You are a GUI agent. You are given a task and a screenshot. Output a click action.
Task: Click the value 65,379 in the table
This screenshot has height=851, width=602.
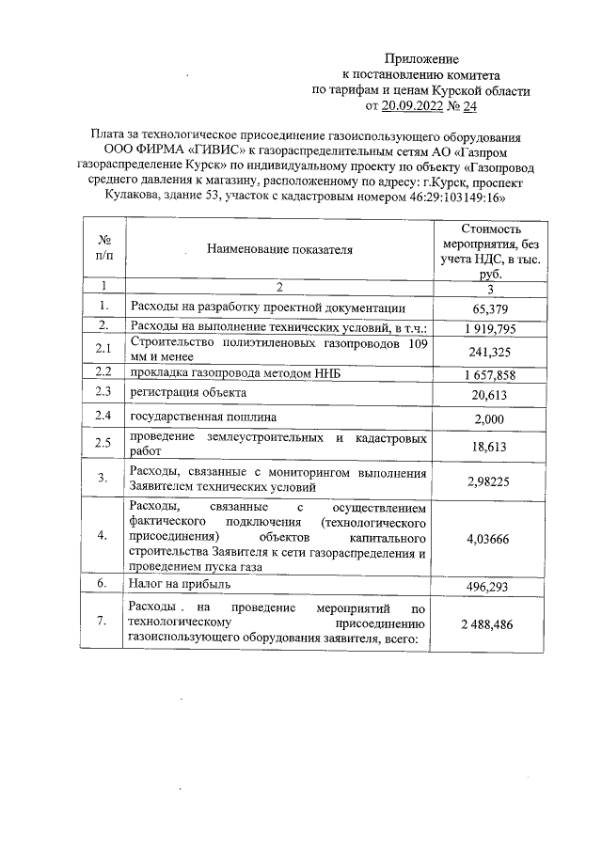[x=486, y=308]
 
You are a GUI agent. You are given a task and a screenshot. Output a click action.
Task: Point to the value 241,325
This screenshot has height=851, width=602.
[x=486, y=351]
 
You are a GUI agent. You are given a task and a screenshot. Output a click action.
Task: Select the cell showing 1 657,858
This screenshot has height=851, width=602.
[x=486, y=374]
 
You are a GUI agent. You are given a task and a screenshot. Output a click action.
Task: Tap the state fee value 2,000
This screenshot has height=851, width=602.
[x=486, y=417]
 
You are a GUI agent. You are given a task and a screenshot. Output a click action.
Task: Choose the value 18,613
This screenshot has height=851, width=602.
[x=486, y=445]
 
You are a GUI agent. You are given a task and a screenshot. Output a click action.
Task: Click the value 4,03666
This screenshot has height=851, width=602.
[x=486, y=538]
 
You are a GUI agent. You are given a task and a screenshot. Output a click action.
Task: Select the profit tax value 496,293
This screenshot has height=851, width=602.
[x=486, y=585]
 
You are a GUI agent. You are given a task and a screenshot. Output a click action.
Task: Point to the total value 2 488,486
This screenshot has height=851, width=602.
[x=486, y=623]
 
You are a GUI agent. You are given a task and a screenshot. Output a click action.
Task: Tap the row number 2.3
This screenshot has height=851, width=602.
[x=104, y=392]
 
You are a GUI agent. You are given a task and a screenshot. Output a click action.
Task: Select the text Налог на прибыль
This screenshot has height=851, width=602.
[x=180, y=584]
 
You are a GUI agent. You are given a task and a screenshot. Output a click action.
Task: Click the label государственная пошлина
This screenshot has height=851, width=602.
[x=204, y=417]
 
